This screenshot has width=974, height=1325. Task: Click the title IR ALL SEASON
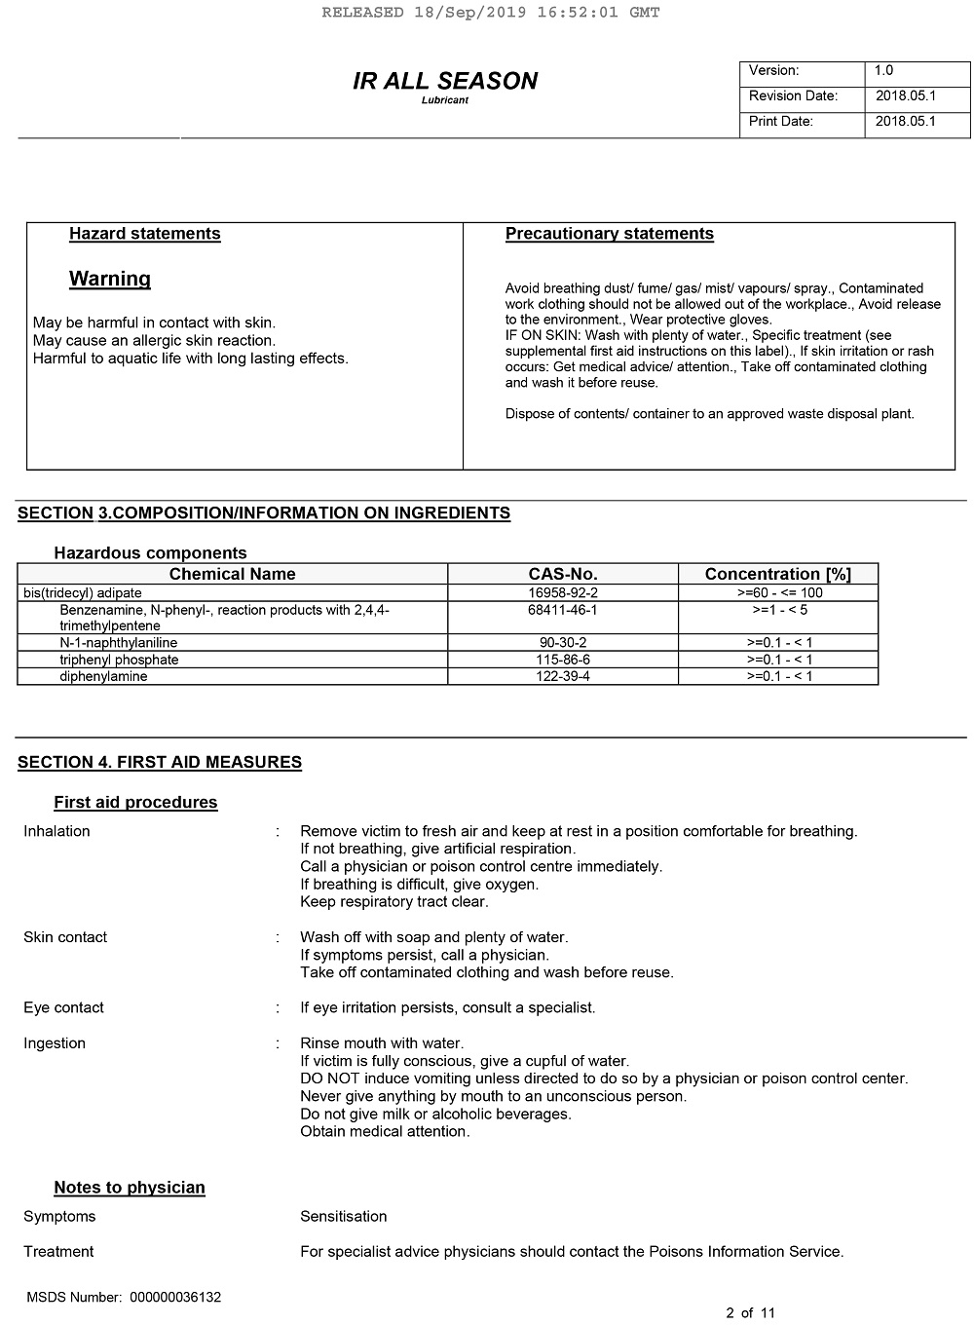[444, 81]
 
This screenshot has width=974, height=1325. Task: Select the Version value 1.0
[883, 70]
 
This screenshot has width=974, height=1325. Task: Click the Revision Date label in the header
[793, 95]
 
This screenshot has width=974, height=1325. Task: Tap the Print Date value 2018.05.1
[905, 121]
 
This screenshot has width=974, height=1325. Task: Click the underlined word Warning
[110, 279]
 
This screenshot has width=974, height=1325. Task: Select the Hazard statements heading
[144, 234]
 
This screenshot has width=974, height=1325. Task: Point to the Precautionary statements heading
[609, 234]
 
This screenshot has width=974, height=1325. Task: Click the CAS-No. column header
[563, 574]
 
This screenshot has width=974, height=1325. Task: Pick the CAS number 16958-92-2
[563, 592]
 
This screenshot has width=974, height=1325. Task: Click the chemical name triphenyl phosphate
[119, 660]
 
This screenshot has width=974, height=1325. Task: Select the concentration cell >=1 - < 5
[779, 610]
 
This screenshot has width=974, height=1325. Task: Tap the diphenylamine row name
[103, 676]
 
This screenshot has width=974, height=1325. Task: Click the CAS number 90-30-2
[563, 643]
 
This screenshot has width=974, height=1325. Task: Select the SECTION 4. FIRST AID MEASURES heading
[160, 762]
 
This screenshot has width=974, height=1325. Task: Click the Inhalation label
[56, 831]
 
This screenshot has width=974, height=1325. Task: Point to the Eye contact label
[63, 1007]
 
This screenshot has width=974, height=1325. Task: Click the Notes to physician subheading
[130, 1187]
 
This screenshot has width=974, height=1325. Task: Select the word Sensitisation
[343, 1216]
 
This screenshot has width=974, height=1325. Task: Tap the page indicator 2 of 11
[750, 1312]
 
